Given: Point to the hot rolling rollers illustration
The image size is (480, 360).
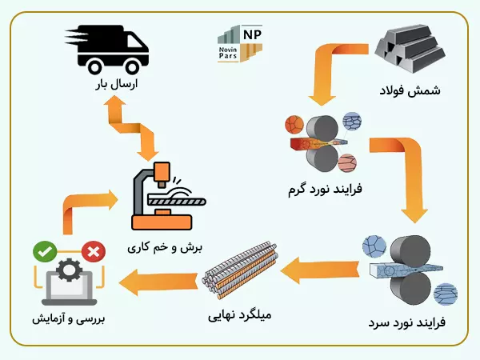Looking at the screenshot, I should pos(319,143).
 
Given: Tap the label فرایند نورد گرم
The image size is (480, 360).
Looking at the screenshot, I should pos(325,190).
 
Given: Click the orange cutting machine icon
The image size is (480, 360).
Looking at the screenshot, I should pos(166,197).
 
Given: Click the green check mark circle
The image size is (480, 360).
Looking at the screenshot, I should pos(42,253).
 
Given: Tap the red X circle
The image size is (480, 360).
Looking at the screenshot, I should pos(93,253).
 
